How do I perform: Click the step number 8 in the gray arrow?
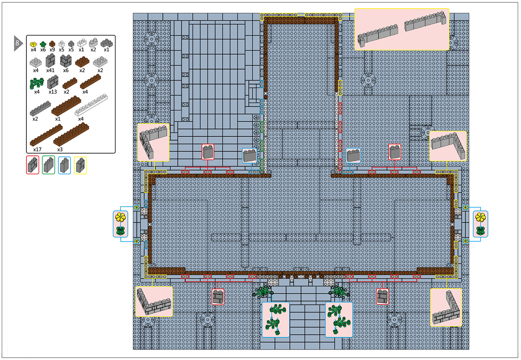point(17,43)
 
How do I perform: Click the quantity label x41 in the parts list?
point(50,70)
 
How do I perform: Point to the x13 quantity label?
point(52,92)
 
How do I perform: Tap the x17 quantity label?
point(37,150)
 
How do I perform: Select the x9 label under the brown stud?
point(52,49)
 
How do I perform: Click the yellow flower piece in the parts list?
point(33,44)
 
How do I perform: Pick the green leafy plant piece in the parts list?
point(37,83)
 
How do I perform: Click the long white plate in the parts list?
point(91,105)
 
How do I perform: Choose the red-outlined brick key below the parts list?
point(33,165)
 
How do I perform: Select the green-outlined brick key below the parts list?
point(48,165)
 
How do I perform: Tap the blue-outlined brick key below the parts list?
point(64,165)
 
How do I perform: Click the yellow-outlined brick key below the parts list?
point(80,165)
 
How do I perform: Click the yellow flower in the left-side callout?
point(120,217)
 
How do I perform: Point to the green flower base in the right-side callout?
point(480,231)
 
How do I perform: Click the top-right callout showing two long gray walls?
point(402,29)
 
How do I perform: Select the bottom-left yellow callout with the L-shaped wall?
point(154,302)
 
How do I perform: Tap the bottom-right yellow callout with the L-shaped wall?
point(446,308)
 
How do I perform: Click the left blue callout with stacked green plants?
point(276,320)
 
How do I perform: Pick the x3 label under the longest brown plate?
point(60,150)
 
